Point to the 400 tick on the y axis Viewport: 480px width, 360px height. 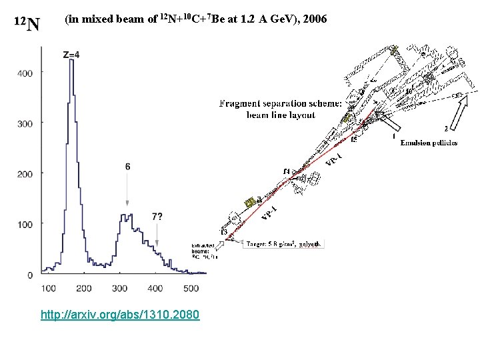pyautogui.click(x=25, y=73)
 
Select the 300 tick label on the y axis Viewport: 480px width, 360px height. pyautogui.click(x=25, y=123)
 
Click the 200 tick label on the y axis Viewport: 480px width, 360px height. pyautogui.click(x=25, y=173)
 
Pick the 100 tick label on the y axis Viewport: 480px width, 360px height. pyautogui.click(x=25, y=224)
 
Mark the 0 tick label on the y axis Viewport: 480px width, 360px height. pyautogui.click(x=30, y=275)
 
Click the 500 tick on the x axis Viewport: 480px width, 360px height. pyautogui.click(x=190, y=288)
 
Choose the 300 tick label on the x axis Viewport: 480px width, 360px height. pyautogui.click(x=119, y=288)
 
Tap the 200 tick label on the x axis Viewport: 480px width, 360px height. pyautogui.click(x=84, y=288)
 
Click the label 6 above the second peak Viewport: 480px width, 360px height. pyautogui.click(x=127, y=167)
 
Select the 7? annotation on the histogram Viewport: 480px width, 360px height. pyautogui.click(x=157, y=217)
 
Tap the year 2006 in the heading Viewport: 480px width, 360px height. pyautogui.click(x=313, y=19)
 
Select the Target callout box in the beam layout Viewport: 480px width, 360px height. pyautogui.click(x=285, y=244)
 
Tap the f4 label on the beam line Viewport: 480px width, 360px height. pyautogui.click(x=286, y=172)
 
